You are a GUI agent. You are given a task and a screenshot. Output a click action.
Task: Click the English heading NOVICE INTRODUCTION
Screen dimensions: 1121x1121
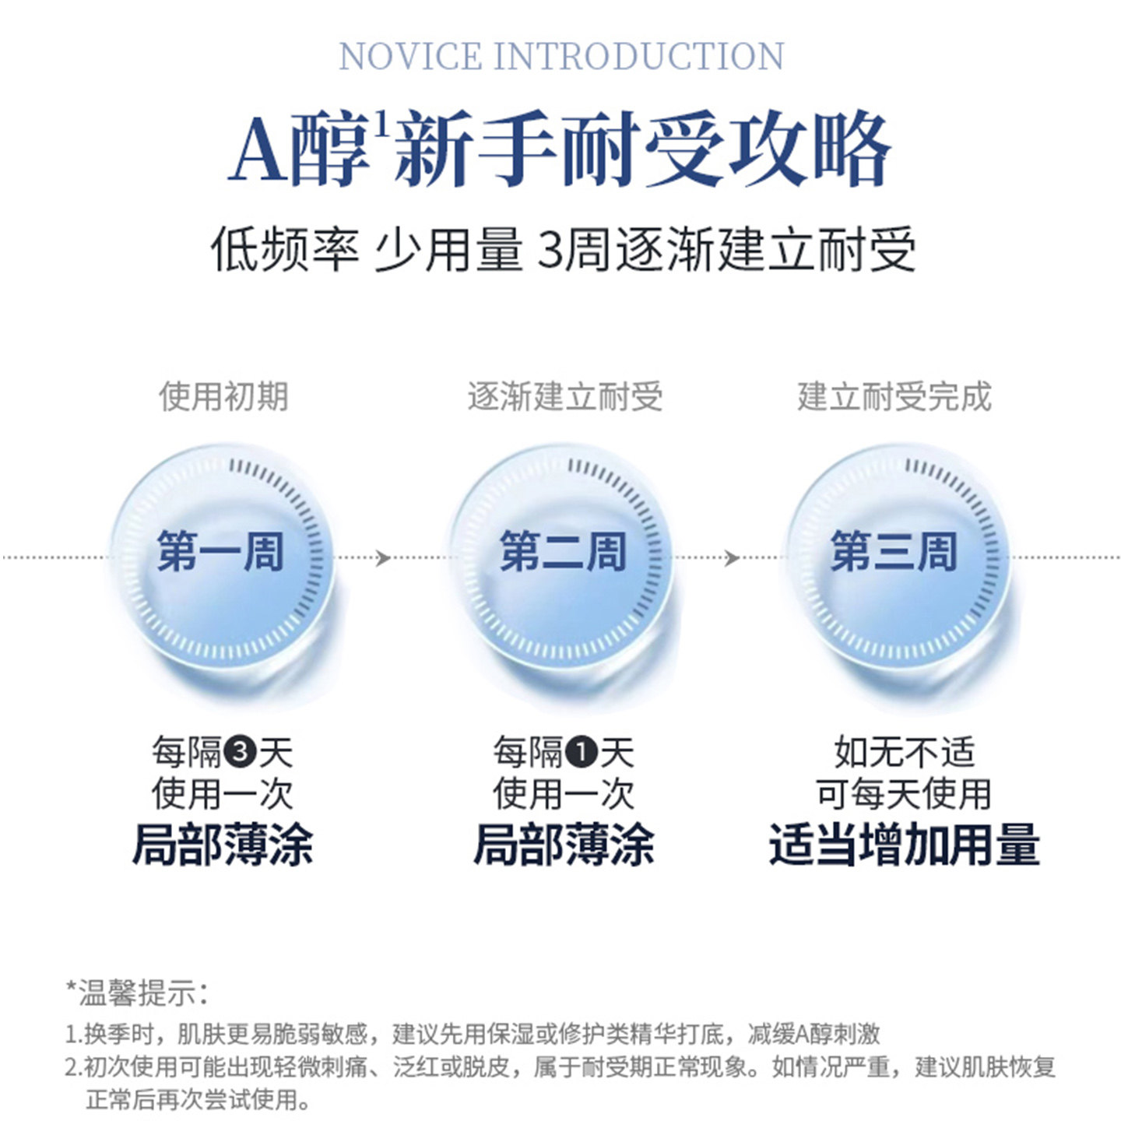tap(561, 57)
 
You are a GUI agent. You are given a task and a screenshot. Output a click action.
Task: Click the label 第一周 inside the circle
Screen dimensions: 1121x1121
tap(220, 551)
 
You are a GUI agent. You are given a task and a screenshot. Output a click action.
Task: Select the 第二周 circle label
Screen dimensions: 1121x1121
tap(563, 551)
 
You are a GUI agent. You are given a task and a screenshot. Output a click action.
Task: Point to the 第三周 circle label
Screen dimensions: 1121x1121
tap(893, 551)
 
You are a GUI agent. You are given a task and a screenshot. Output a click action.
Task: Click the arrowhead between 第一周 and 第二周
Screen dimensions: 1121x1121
tap(382, 557)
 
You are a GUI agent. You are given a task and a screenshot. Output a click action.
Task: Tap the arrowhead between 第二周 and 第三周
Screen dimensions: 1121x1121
tap(731, 557)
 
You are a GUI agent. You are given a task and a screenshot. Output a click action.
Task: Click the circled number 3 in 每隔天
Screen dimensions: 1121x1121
tap(240, 752)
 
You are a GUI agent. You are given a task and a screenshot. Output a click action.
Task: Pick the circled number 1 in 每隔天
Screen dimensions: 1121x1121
tap(582, 752)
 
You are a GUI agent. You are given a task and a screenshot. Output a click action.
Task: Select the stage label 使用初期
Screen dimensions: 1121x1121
tap(223, 396)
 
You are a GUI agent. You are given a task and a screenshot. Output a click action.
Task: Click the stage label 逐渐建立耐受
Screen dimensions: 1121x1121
tap(565, 396)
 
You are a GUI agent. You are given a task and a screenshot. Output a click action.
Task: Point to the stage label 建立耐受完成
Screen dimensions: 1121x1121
tap(894, 396)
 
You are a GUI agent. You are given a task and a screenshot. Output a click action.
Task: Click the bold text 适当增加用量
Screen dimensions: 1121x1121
tap(904, 845)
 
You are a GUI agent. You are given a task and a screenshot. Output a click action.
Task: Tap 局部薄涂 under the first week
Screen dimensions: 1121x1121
tap(223, 845)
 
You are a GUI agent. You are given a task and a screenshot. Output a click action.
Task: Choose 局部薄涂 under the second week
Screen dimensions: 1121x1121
tap(564, 845)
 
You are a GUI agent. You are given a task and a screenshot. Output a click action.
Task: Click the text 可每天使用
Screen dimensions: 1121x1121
tap(904, 794)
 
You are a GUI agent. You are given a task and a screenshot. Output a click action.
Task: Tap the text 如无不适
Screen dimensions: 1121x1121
tap(904, 752)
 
